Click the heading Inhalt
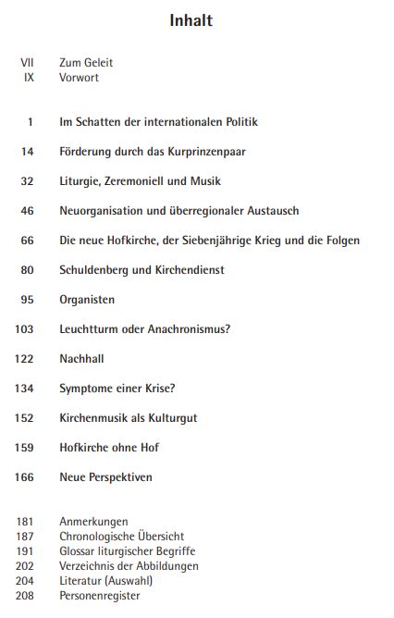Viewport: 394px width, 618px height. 191,20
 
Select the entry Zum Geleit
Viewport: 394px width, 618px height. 86,63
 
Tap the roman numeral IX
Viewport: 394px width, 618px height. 29,78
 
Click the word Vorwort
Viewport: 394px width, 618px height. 79,78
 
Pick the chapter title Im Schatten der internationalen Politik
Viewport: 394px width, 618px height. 158,122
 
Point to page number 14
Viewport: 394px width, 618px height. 28,152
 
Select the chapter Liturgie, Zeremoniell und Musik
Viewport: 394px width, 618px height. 140,181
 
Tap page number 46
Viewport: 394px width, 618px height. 28,211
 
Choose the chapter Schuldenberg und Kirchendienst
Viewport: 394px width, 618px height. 142,270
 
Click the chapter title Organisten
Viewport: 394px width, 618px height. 87,300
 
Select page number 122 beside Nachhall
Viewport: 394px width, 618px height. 25,359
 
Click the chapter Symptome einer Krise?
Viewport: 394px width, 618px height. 117,389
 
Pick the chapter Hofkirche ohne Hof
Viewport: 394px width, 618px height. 109,448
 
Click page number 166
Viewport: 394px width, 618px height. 25,477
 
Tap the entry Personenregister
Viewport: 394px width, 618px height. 100,596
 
